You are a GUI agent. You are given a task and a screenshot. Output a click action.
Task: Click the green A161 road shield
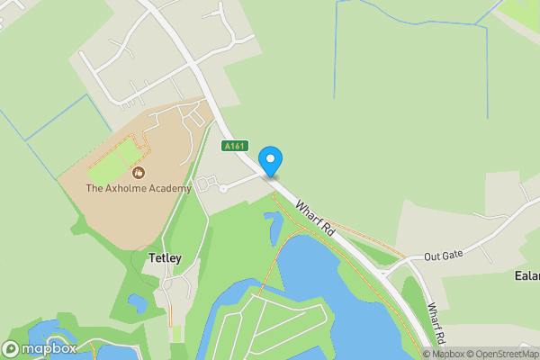(234, 144)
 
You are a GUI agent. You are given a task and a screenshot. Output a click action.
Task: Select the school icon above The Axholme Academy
(138, 172)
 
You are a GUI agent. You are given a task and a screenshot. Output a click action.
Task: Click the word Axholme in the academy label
(129, 189)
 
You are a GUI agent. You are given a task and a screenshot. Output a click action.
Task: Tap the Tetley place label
(163, 259)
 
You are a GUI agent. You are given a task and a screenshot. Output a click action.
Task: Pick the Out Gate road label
(445, 256)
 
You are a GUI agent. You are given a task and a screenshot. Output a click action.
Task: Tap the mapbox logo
(40, 348)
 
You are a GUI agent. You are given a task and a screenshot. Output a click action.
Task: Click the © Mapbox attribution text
(445, 354)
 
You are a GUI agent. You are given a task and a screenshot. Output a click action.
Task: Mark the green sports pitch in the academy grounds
(113, 159)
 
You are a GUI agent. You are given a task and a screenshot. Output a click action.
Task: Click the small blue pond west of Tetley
(137, 303)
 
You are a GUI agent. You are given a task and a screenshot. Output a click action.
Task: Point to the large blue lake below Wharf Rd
(342, 297)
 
